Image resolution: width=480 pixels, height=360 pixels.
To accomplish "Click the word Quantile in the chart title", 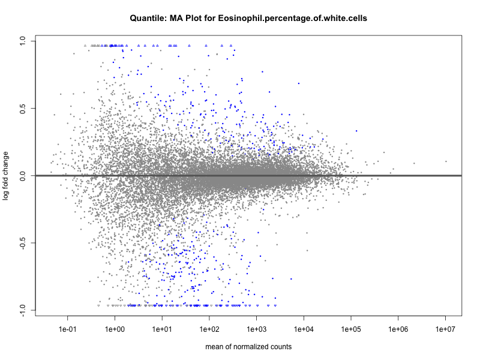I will (148, 19).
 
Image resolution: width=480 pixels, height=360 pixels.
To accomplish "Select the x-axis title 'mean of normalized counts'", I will (248, 347).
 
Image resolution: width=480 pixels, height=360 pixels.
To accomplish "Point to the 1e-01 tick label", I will (67, 329).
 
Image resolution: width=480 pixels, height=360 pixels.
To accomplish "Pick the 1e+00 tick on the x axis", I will (115, 329).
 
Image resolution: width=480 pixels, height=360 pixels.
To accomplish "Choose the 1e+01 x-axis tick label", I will (162, 329).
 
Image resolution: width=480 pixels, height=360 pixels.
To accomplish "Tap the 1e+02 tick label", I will (209, 329).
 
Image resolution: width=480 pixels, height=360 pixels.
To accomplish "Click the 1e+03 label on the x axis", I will (257, 329).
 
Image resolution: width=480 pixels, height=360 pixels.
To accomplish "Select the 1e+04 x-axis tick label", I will (304, 329).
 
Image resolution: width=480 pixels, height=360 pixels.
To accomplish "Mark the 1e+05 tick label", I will (351, 329).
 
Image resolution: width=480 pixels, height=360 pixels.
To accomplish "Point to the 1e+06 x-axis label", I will (398, 329).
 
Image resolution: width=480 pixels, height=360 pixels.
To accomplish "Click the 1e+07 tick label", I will (446, 329).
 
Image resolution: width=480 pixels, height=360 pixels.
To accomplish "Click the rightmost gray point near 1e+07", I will (446, 161).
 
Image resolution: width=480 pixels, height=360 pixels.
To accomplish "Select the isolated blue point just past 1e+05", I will (356, 131).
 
